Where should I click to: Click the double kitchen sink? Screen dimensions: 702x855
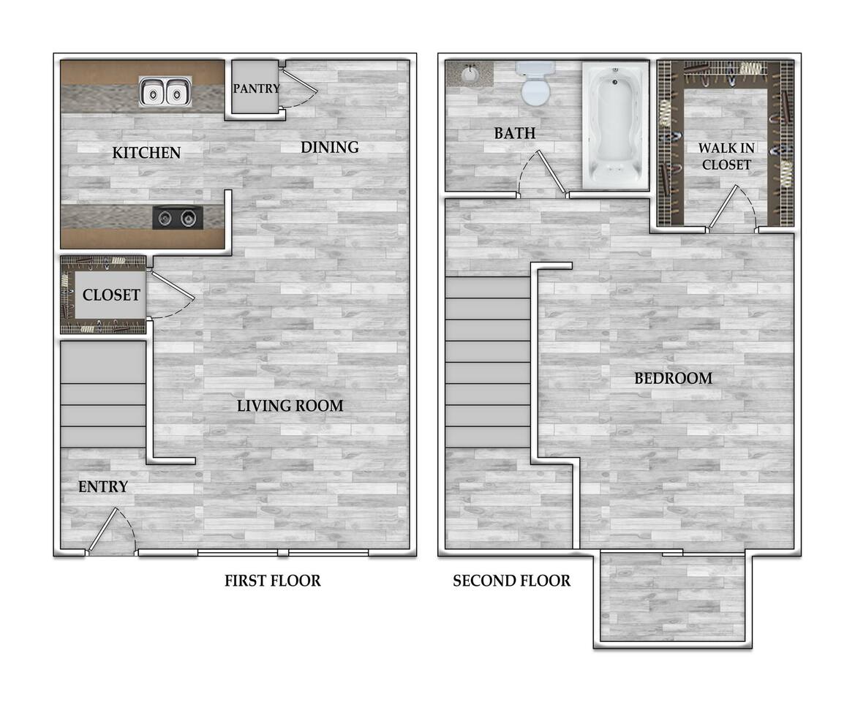165,93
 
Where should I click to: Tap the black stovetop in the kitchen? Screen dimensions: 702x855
178,217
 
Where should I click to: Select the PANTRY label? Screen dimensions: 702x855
256,88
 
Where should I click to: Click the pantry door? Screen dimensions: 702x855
300,86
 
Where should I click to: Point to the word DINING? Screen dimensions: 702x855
329,147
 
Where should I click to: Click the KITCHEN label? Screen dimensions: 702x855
146,153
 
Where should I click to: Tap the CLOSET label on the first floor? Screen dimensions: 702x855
111,295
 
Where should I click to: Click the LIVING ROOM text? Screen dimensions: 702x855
290,406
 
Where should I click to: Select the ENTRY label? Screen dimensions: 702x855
103,487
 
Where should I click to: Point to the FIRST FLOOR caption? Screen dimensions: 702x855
272,581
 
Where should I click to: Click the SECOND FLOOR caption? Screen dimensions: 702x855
511,581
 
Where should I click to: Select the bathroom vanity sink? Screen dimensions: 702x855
470,74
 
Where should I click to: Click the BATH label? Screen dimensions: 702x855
514,133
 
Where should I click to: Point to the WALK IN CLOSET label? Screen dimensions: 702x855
726,156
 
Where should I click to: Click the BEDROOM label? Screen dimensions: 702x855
673,379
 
